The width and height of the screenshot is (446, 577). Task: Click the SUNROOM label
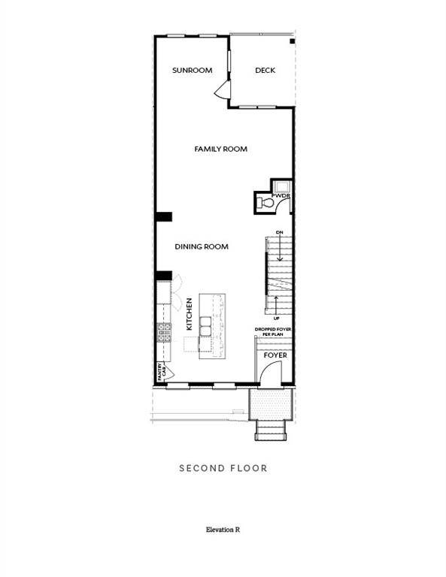pos(192,71)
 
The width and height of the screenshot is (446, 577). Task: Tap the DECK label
pos(265,71)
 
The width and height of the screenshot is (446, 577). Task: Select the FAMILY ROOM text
pos(220,150)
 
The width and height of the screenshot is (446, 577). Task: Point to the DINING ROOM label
pos(202,246)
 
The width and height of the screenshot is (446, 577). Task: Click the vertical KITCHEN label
pos(190,314)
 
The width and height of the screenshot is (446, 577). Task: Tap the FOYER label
pos(275,355)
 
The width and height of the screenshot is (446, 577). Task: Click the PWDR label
pos(282,196)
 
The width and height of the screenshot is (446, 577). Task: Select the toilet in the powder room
pos(265,202)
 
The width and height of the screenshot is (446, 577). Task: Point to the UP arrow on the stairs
pos(277,305)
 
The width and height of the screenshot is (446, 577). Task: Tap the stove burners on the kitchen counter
pos(164,332)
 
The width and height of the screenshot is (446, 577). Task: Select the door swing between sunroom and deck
pos(222,91)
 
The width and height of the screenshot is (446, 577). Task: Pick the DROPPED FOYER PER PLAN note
pos(274,332)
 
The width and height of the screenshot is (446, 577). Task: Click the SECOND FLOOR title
pos(223,468)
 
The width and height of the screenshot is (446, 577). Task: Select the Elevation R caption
pos(223,530)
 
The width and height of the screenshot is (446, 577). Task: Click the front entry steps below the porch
pos(270,430)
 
